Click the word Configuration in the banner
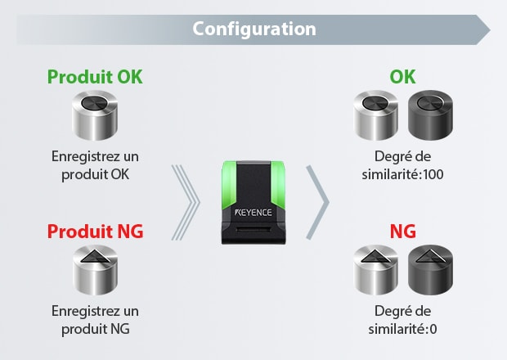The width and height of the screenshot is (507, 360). (253, 29)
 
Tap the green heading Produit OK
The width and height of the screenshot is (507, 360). (95, 77)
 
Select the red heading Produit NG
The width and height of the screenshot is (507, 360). (95, 232)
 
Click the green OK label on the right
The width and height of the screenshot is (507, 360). (402, 77)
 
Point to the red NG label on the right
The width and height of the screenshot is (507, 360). (402, 232)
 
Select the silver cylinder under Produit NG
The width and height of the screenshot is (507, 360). (95, 270)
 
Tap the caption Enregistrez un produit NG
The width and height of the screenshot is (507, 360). (95, 319)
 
